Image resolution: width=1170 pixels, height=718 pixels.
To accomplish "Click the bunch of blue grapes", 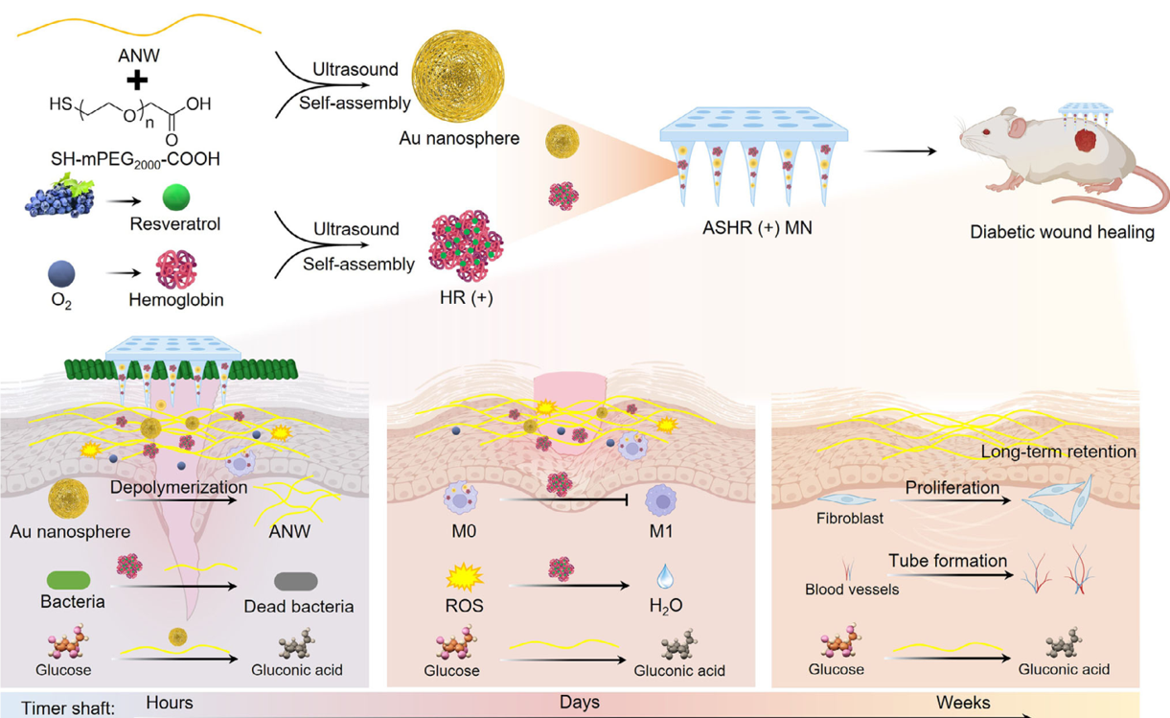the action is pyautogui.click(x=60, y=197).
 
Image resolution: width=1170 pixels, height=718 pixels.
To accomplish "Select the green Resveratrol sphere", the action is pyautogui.click(x=176, y=197).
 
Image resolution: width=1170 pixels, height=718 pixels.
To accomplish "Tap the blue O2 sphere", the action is pyautogui.click(x=61, y=273).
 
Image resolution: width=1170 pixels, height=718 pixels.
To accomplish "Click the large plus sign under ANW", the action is pyautogui.click(x=137, y=81).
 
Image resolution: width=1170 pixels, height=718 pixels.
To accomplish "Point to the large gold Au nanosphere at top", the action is pyautogui.click(x=458, y=76).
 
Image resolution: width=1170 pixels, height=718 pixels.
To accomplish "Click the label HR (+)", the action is pyautogui.click(x=467, y=298).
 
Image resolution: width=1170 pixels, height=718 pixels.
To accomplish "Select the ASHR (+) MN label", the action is pyautogui.click(x=757, y=228).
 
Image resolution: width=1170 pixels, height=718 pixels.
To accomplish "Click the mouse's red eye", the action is pyautogui.click(x=986, y=131).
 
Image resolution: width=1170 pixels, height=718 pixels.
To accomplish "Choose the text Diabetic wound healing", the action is pyautogui.click(x=1062, y=231).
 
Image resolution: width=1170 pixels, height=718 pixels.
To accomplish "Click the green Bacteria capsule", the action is pyautogui.click(x=68, y=580).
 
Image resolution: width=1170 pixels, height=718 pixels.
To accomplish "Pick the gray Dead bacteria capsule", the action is pyautogui.click(x=296, y=581).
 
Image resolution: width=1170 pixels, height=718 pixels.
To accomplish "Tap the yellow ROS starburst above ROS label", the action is pyautogui.click(x=465, y=577).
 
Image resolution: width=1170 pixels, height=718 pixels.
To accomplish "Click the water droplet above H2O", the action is pyautogui.click(x=665, y=575).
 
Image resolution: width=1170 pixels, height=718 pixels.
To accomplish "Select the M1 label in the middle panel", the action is pyautogui.click(x=661, y=531).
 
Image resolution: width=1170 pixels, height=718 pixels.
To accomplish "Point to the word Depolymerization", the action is pyautogui.click(x=178, y=487).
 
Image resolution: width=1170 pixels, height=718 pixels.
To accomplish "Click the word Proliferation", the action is pyautogui.click(x=952, y=488).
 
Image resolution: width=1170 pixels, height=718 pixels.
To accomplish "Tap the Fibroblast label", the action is pyautogui.click(x=850, y=519).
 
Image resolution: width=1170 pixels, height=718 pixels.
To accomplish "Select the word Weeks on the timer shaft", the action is pyautogui.click(x=963, y=703).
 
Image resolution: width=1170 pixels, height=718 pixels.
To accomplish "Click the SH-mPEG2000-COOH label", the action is pyautogui.click(x=135, y=159).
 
